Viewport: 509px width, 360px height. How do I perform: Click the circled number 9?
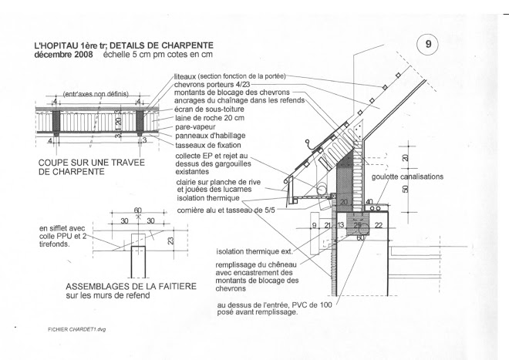pos(428,44)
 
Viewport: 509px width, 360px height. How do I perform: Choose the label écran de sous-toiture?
pos(207,108)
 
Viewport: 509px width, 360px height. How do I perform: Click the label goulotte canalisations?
pos(407,177)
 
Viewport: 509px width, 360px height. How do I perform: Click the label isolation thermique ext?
pos(253,251)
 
